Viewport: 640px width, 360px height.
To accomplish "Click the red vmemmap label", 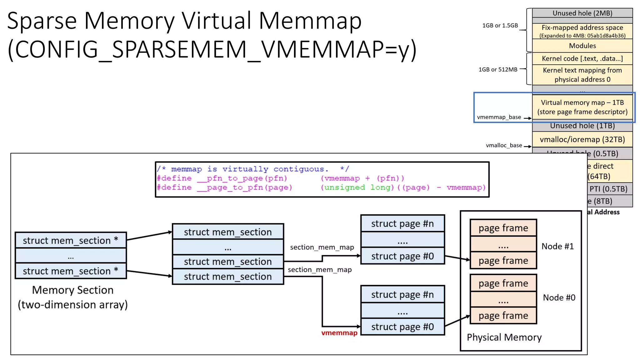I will [339, 333].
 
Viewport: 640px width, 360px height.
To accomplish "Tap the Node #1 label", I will [557, 246].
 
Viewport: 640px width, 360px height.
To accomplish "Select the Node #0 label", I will [559, 297].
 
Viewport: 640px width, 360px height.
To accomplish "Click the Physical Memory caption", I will [504, 337].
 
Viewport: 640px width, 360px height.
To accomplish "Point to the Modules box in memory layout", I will [582, 46].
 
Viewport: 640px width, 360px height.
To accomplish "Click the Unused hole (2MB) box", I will [582, 13].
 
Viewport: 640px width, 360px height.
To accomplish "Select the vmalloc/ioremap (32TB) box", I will [582, 139].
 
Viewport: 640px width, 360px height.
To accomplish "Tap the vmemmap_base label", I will [499, 117].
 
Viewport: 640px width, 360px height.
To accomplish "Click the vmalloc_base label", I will [504, 145].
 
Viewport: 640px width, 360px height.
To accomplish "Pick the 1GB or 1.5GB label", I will [500, 26].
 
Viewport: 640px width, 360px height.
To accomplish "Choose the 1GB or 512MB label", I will [498, 69].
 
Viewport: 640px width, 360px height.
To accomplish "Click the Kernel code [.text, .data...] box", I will [582, 58].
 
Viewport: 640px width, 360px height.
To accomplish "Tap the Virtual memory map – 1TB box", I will [582, 107].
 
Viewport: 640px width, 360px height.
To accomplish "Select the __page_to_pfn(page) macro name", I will [244, 187].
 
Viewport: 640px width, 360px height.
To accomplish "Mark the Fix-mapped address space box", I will [582, 31].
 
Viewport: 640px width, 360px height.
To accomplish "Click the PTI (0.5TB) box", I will [608, 189].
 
